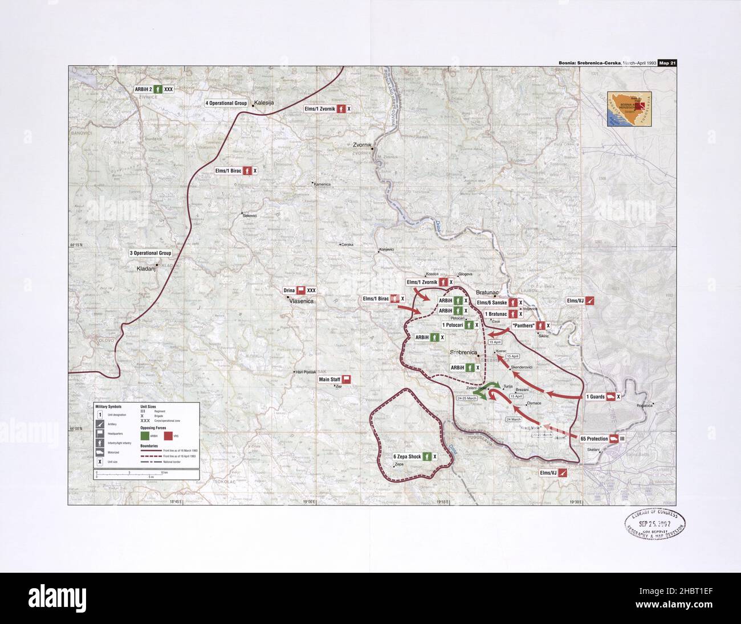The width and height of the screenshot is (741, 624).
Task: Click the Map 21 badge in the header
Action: pos(666,63)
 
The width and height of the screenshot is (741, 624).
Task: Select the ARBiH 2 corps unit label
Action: pos(153,89)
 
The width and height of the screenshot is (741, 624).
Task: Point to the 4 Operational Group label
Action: pos(226,103)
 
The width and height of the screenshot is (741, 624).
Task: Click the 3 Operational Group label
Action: pos(150,253)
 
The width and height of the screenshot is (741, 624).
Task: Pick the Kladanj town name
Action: pos(146,268)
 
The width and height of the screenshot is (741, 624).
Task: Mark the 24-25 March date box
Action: pos(466,397)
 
